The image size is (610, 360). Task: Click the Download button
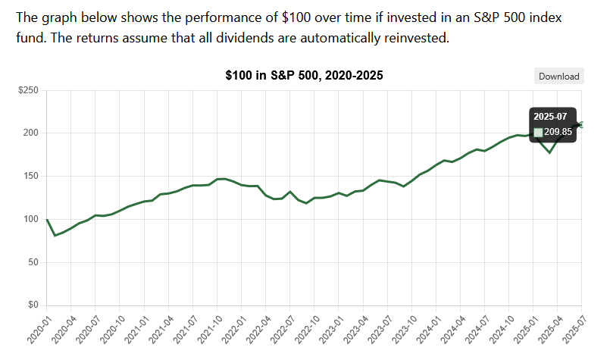pyautogui.click(x=559, y=76)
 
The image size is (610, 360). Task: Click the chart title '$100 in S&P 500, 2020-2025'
pyautogui.click(x=305, y=76)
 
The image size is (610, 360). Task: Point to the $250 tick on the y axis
pyautogui.click(x=28, y=90)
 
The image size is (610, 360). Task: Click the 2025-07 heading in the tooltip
pyautogui.click(x=549, y=117)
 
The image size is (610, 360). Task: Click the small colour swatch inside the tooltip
pyautogui.click(x=538, y=133)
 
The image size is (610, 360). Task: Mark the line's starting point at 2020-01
pyautogui.click(x=47, y=220)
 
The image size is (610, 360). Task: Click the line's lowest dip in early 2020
pyautogui.click(x=55, y=236)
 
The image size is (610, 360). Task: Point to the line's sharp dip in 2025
pyautogui.click(x=550, y=153)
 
